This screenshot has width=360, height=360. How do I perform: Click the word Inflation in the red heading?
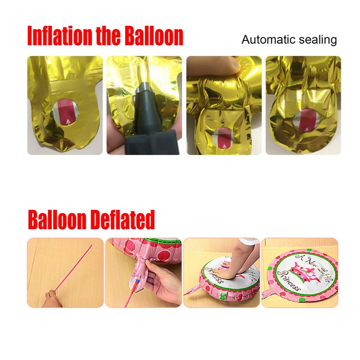click(x=59, y=36)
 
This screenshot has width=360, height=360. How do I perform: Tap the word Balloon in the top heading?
click(x=154, y=36)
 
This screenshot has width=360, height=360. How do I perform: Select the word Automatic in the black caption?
click(x=268, y=40)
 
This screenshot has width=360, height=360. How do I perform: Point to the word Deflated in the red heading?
click(x=122, y=220)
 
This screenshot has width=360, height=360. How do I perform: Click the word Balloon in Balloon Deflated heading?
click(x=57, y=220)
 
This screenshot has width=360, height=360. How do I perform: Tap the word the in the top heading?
click(x=108, y=36)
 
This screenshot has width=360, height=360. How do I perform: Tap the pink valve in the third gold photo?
click(x=223, y=137)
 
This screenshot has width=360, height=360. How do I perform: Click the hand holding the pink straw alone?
click(x=51, y=299)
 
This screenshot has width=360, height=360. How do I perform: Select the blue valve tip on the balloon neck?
click(x=137, y=280)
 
